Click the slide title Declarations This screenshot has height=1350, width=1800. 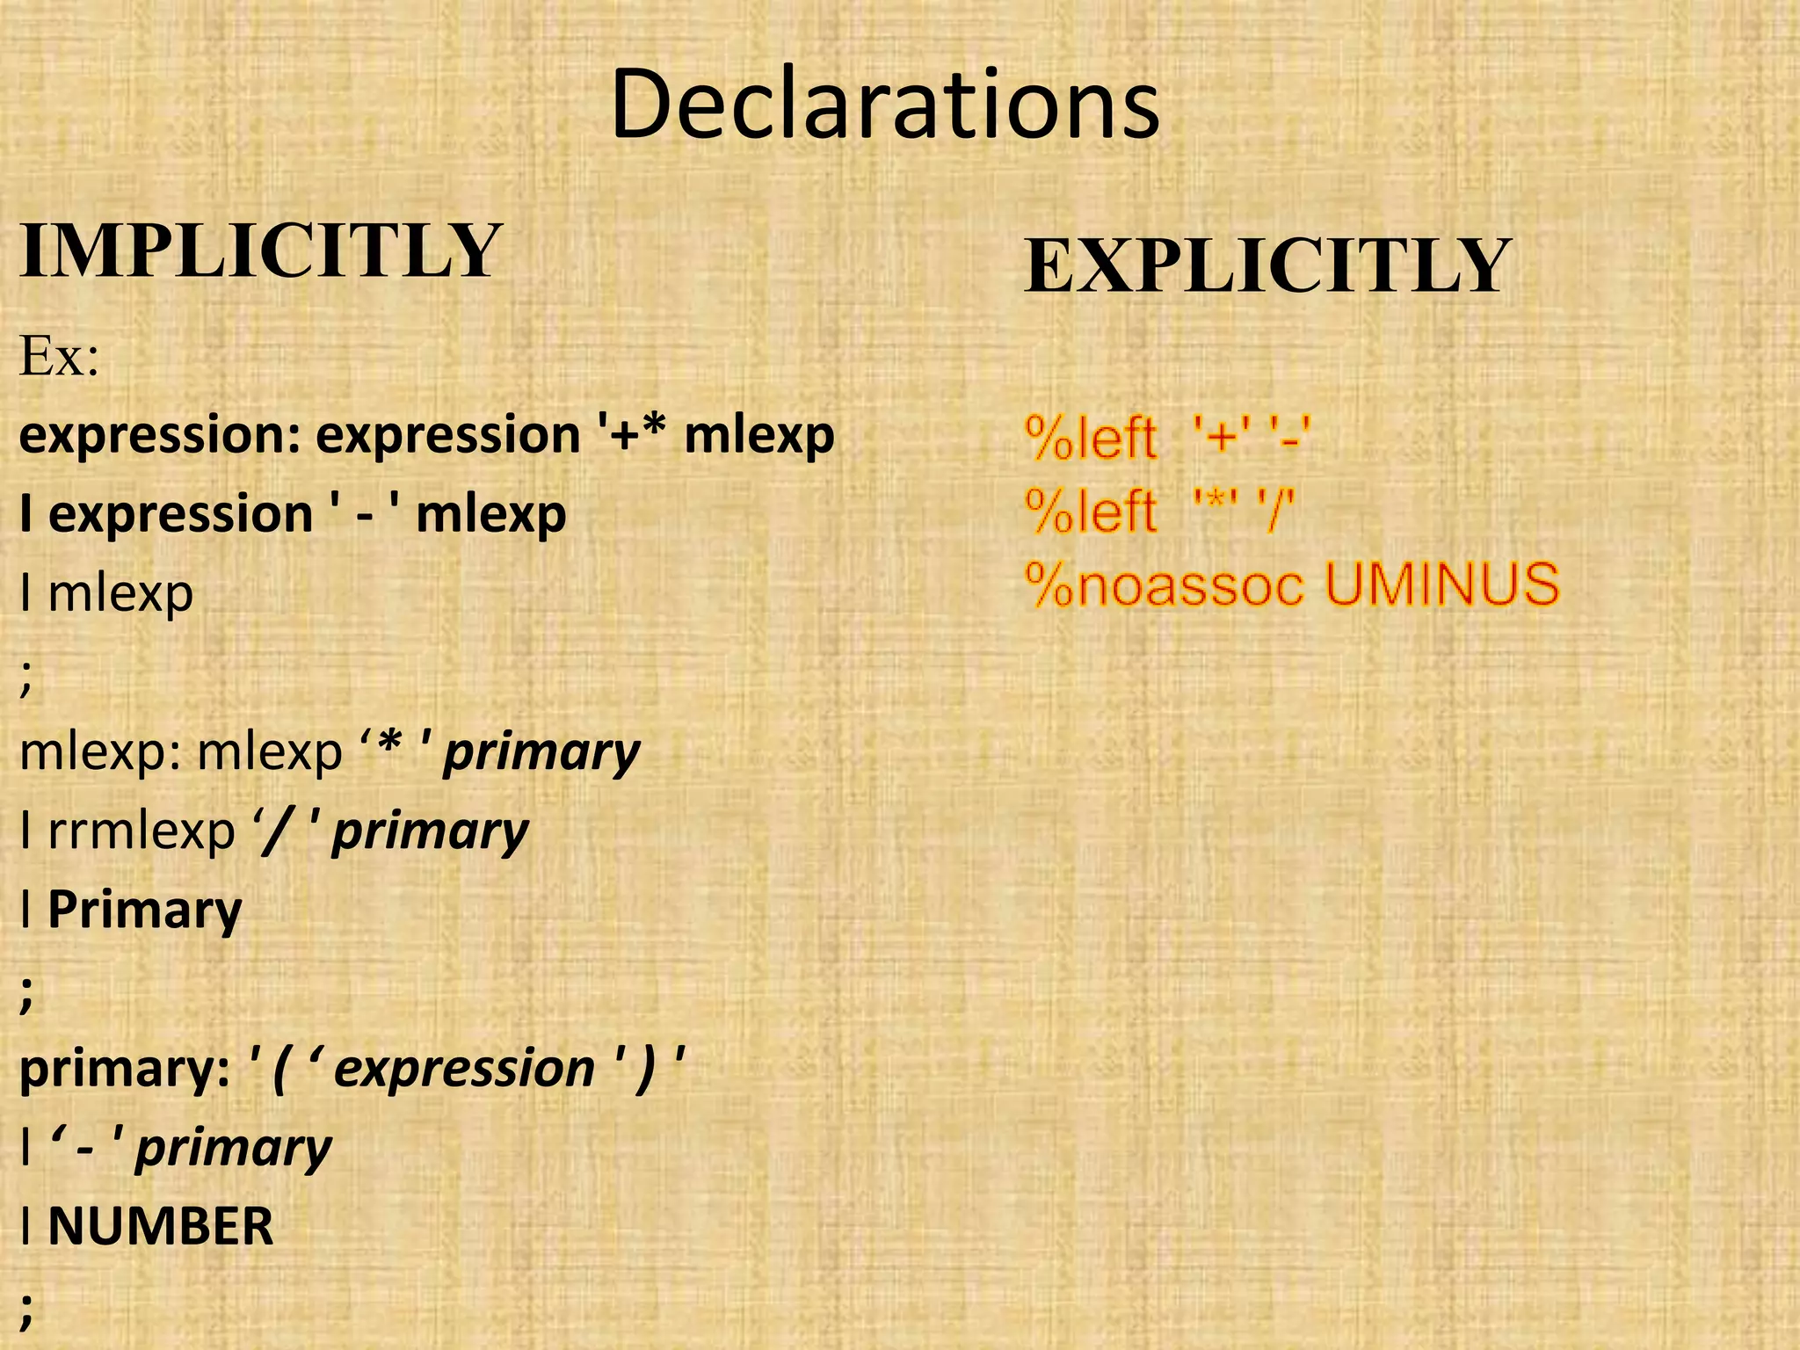885,105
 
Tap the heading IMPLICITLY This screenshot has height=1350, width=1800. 260,251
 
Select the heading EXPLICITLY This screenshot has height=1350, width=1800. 1267,265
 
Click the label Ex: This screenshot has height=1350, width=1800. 59,357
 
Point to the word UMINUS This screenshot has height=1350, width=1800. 1441,584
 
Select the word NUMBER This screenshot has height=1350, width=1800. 161,1227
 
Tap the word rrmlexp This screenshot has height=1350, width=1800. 142,831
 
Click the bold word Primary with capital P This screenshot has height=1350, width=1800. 145,910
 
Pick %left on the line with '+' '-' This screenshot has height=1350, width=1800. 1091,438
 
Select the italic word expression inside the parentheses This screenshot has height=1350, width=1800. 464,1069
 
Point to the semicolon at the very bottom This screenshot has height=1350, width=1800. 26,1309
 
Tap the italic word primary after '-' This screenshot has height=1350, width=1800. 234,1148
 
